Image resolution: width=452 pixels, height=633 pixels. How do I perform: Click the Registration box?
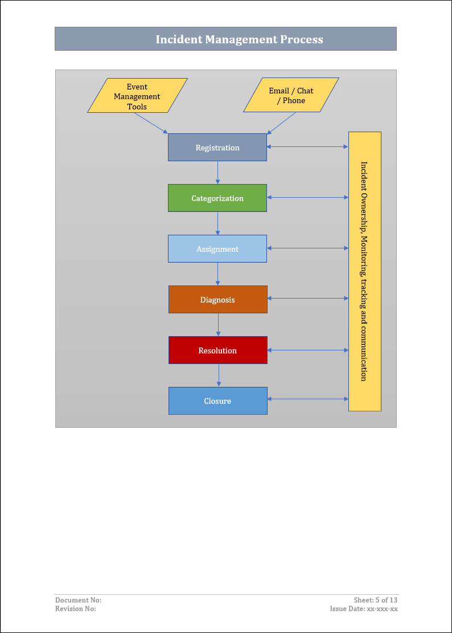point(217,148)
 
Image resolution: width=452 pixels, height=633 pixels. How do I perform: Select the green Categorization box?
point(217,198)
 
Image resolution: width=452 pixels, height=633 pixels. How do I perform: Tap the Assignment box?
point(217,249)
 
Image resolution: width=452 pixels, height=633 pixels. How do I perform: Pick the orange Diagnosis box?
point(217,300)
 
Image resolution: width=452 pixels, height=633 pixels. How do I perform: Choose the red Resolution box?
point(217,350)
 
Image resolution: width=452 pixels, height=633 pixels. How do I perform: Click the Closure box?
point(217,401)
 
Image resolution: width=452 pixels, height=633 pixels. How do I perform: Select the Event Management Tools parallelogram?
point(137,96)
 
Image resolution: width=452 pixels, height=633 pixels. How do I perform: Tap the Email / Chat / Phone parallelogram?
point(291,96)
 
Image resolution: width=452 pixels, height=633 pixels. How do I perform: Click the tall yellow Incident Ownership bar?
point(364,271)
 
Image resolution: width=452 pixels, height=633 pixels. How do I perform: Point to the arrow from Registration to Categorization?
point(217,173)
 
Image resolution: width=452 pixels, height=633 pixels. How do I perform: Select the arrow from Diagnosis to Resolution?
point(218,325)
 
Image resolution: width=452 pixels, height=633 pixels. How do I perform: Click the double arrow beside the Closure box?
point(307,399)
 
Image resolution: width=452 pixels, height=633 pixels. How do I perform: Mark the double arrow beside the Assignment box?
point(307,248)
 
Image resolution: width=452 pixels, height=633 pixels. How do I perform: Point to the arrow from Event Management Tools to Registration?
point(151,123)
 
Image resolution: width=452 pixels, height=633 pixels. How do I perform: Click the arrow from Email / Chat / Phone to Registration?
point(282,123)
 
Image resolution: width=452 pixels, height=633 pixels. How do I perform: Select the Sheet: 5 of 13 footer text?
point(375,600)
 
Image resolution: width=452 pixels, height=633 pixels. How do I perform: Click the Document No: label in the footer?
point(79,600)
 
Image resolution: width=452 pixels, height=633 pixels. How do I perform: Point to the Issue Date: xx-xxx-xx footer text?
point(364,609)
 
